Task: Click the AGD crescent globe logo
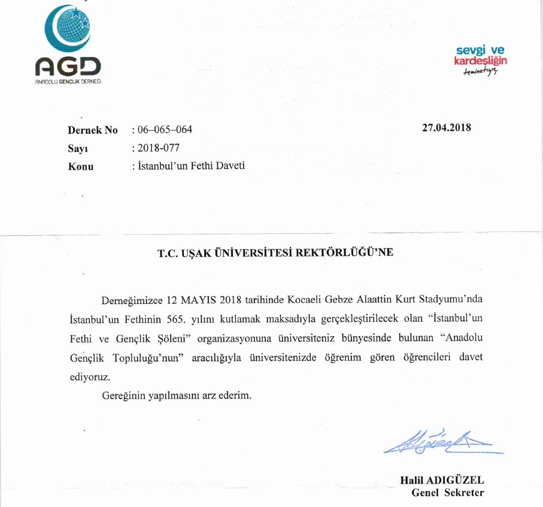(67, 30)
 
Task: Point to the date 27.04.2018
(447, 127)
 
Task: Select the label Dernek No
(93, 130)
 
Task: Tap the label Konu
(81, 166)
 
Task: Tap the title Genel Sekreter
(447, 493)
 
